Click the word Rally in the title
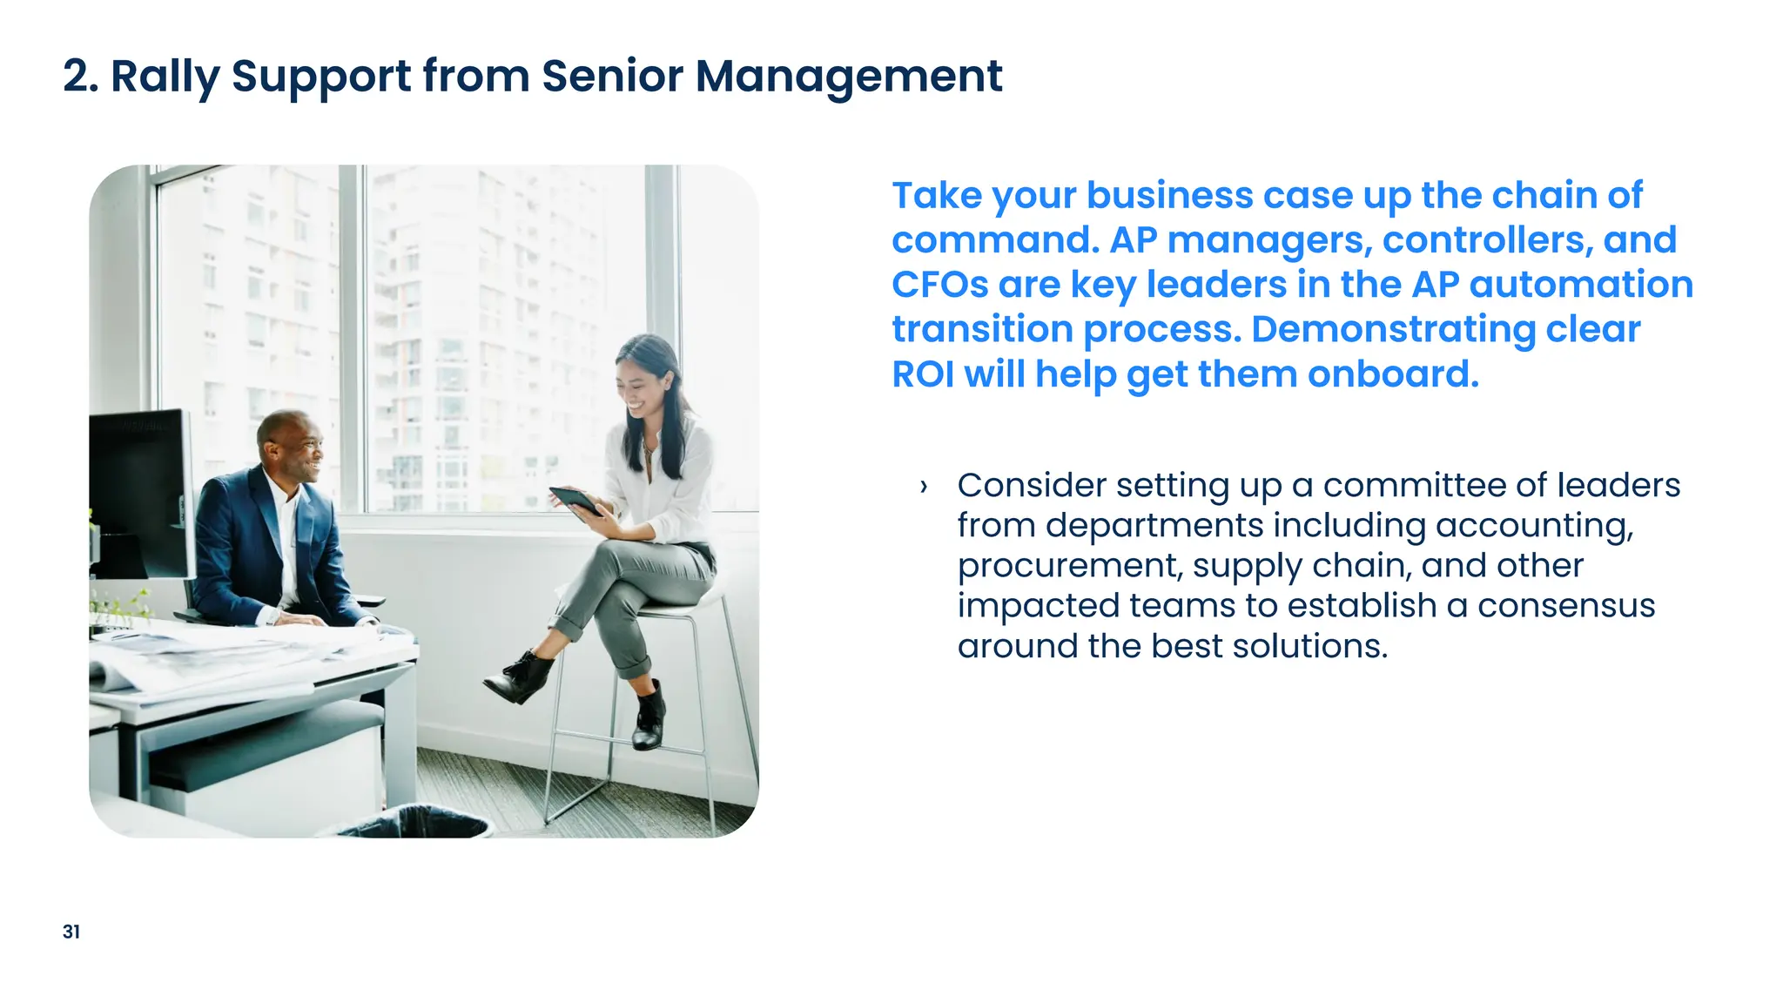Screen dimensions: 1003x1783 (165, 77)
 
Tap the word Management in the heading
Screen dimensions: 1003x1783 (849, 77)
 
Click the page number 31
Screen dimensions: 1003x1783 (71, 932)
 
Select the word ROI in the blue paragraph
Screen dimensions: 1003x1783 (923, 374)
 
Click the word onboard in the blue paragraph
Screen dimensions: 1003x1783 (1393, 374)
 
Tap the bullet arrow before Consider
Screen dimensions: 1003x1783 (924, 487)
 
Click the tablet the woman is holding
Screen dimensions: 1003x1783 (575, 501)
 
